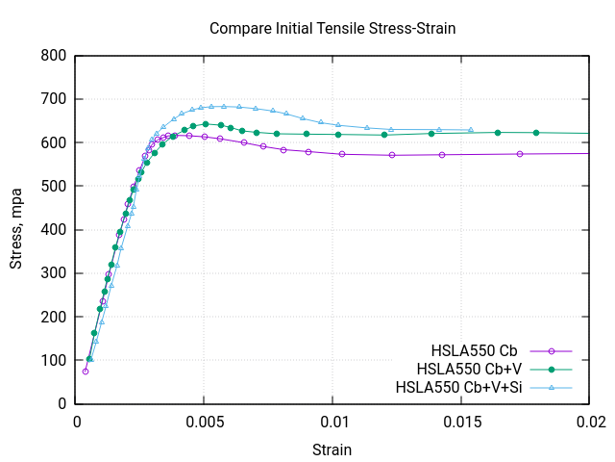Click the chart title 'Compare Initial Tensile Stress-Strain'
pyautogui.click(x=332, y=28)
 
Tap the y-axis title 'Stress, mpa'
pyautogui.click(x=16, y=229)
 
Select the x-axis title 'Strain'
pyautogui.click(x=332, y=449)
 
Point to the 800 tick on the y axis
pyautogui.click(x=54, y=56)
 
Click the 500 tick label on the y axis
pyautogui.click(x=54, y=186)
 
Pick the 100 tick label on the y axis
pyautogui.click(x=54, y=360)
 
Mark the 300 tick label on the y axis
pyautogui.click(x=54, y=273)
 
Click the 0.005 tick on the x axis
pyautogui.click(x=206, y=421)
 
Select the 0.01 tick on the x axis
pyautogui.click(x=334, y=421)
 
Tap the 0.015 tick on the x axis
pyautogui.click(x=462, y=421)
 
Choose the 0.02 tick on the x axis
pyautogui.click(x=590, y=421)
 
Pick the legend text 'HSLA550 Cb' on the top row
pyautogui.click(x=476, y=350)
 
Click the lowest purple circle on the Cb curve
pyautogui.click(x=86, y=371)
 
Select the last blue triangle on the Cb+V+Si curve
pyautogui.click(x=471, y=130)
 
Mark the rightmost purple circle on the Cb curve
pyautogui.click(x=520, y=154)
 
